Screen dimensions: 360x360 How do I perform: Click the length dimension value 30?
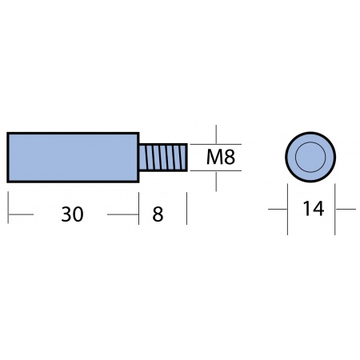[x=72, y=214]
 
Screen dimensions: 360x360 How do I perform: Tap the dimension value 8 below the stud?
[x=158, y=214]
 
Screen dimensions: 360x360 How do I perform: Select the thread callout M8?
[x=221, y=158]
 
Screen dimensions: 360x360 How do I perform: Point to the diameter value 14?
[x=314, y=209]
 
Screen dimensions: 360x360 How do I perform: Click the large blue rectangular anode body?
[x=73, y=158]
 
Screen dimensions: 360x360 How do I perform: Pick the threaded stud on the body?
[x=163, y=157]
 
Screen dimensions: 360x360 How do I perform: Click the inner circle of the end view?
[x=310, y=157]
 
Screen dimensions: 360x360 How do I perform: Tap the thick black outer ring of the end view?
[x=310, y=132]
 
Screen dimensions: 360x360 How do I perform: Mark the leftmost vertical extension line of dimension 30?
[x=8, y=207]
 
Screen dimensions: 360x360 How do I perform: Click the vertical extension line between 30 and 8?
[x=139, y=208]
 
